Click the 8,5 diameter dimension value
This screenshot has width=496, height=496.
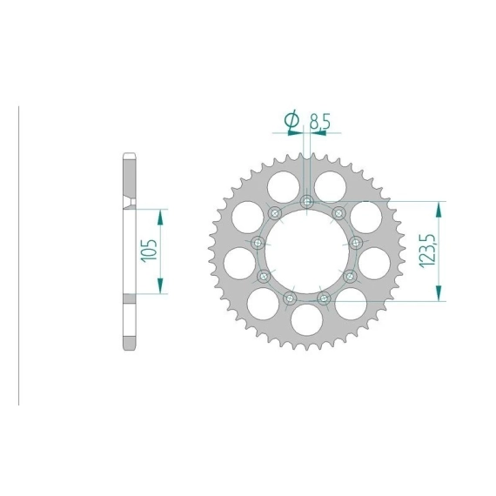pos(320,121)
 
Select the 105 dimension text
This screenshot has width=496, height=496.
pos(150,251)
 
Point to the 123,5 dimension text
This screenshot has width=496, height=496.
pos(427,251)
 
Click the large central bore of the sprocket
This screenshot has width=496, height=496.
pos(307,251)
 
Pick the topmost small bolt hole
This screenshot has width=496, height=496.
pos(307,202)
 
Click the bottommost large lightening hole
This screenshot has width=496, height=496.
pos(307,319)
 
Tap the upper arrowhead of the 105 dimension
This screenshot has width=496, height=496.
pos(160,217)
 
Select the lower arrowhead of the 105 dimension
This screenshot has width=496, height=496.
pos(160,285)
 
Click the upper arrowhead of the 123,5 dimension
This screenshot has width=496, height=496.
pos(439,210)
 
